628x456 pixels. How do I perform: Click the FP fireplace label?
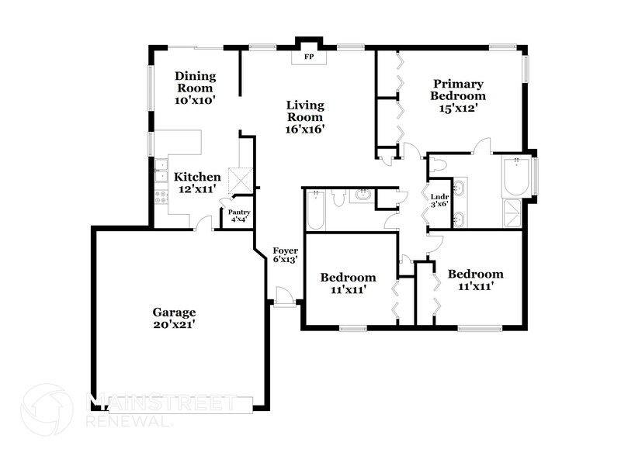pyautogui.click(x=308, y=57)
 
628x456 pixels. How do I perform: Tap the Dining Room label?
pyautogui.click(x=195, y=88)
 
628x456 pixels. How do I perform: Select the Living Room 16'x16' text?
pyautogui.click(x=304, y=117)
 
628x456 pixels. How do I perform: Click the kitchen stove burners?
pyautogui.click(x=161, y=195)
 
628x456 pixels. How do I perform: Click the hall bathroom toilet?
pyautogui.click(x=338, y=198)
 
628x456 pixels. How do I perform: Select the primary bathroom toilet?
pyautogui.click(x=439, y=165)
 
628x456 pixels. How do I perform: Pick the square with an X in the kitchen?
pyautogui.click(x=238, y=179)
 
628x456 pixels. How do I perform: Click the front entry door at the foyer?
pyautogui.click(x=283, y=296)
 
